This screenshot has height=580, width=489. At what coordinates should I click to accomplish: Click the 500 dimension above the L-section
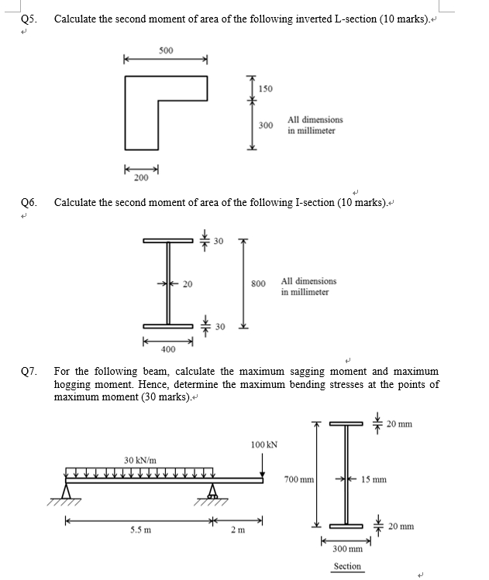(165, 50)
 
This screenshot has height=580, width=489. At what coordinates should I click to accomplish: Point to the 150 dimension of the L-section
(265, 89)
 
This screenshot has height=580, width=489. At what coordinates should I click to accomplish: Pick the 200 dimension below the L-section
(140, 178)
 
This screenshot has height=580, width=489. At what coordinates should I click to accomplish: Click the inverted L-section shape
(143, 108)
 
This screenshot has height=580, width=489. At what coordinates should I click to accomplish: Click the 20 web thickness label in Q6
(187, 284)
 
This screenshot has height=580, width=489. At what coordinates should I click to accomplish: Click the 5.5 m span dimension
(140, 530)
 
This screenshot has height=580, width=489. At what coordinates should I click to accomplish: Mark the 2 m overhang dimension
(240, 530)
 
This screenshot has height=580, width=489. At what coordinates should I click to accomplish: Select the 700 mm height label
(299, 479)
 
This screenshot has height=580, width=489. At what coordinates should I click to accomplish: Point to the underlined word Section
(346, 566)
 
